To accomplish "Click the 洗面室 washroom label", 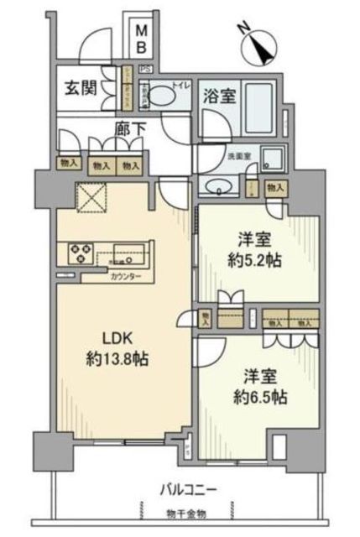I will point(238,155).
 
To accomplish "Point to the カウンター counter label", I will point(125,277).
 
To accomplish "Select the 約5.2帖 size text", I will point(258,260).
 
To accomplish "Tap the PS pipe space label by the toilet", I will point(146,68).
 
